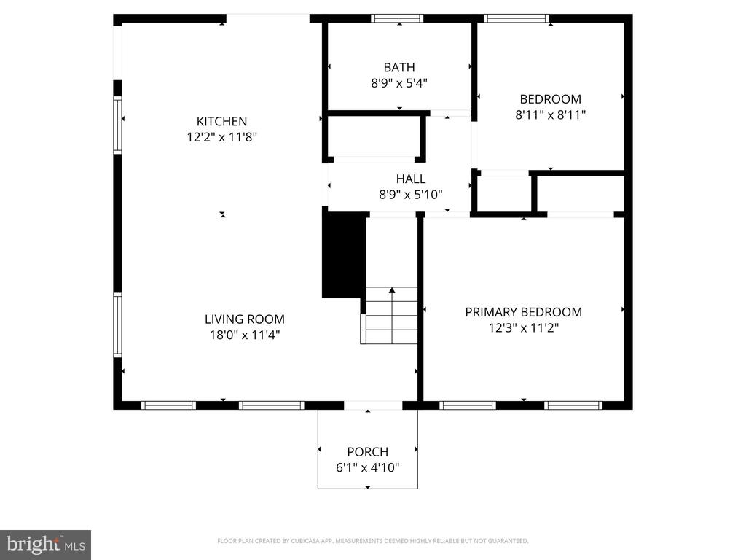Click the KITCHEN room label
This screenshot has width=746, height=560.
click(221, 121)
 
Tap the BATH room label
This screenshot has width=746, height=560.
click(399, 68)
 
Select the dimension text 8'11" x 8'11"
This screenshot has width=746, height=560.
click(550, 114)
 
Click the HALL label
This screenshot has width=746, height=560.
click(411, 179)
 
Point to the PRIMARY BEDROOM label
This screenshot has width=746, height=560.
click(523, 312)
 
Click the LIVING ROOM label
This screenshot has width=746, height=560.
click(244, 319)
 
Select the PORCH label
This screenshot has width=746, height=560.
click(367, 451)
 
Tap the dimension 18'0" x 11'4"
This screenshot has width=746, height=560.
click(244, 335)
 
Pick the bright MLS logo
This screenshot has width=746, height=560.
click(45, 544)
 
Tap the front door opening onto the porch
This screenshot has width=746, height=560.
click(372, 405)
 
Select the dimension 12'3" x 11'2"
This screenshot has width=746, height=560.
click(523, 328)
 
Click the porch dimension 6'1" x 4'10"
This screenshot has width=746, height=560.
click(367, 467)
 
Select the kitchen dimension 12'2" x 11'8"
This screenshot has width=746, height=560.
click(221, 137)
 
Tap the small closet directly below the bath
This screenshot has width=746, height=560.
click(373, 136)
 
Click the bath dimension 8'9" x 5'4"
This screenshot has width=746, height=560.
click(399, 83)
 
